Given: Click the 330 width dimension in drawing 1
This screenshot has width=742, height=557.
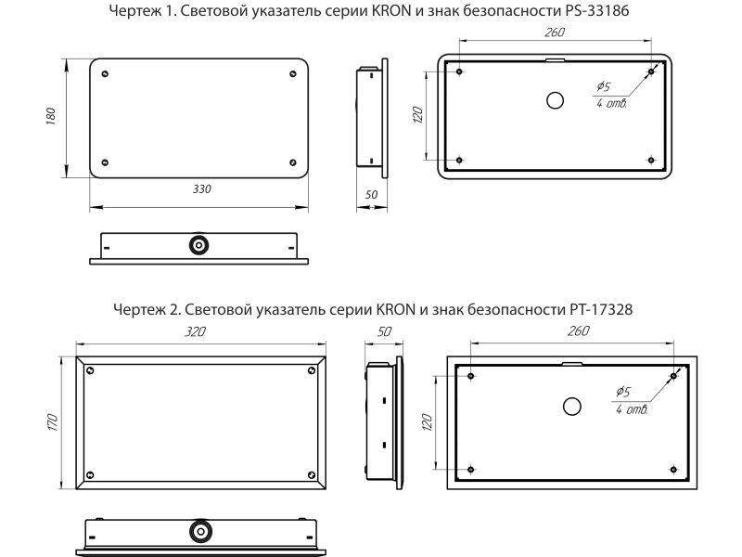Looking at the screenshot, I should tap(201, 188).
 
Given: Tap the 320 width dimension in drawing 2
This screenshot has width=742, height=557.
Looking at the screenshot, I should tap(195, 331).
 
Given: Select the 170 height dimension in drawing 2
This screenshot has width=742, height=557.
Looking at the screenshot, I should tap(54, 421).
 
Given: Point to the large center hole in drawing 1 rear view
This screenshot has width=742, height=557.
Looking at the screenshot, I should tap(555, 101).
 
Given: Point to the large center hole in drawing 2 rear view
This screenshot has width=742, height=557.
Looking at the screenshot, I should tap(572, 406).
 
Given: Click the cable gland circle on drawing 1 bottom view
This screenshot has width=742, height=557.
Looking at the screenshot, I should tap(198, 246).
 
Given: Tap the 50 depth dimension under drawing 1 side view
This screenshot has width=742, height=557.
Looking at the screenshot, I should tap(372, 195).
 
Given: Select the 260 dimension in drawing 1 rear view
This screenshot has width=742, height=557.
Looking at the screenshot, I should tap(555, 32).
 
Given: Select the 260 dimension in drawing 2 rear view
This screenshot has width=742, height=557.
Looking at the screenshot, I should tap(577, 331).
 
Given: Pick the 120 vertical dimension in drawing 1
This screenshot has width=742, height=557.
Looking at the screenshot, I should tap(418, 114).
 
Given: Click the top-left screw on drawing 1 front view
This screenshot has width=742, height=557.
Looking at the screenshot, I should tap(105, 73).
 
